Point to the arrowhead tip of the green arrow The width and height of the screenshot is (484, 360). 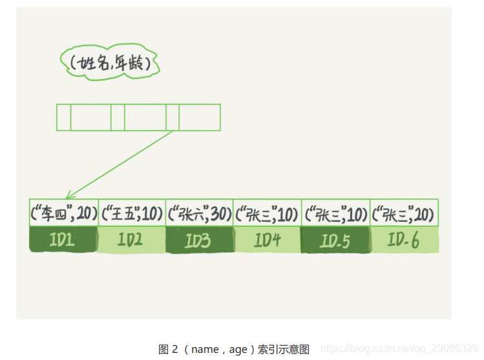[x=67, y=198]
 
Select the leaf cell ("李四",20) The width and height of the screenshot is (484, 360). [x=63, y=213]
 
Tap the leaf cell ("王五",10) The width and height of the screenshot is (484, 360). [x=132, y=213]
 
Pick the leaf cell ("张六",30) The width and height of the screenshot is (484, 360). [x=200, y=213]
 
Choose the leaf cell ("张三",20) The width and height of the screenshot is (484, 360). [x=404, y=213]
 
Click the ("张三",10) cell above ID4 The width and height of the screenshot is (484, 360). [x=268, y=213]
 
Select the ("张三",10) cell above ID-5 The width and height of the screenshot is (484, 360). [x=335, y=213]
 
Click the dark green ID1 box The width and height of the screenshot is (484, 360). [x=63, y=240]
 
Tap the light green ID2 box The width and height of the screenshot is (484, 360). [x=131, y=240]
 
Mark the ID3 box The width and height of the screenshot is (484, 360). [x=199, y=240]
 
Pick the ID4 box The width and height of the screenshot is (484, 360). [x=268, y=240]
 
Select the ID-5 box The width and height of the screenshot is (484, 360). [x=335, y=240]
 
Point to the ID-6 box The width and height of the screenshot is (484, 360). [x=404, y=240]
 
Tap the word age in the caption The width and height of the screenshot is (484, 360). [x=238, y=349]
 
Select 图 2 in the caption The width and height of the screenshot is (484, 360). [x=167, y=349]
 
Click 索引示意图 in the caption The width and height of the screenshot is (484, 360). [x=284, y=349]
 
